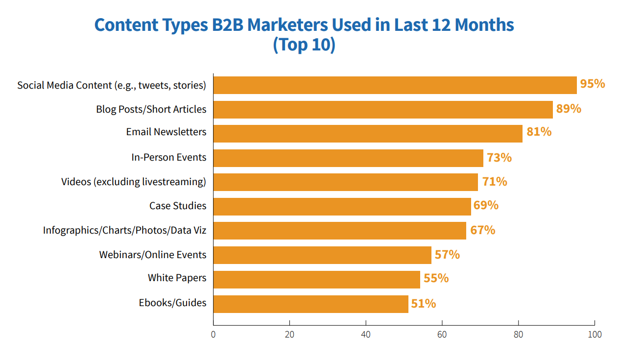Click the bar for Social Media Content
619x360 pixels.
click(x=395, y=85)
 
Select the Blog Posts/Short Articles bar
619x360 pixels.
click(x=383, y=109)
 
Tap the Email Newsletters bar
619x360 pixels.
click(x=368, y=133)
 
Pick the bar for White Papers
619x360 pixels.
click(x=316, y=279)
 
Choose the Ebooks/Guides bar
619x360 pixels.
click(x=310, y=304)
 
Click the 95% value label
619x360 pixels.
click(x=593, y=84)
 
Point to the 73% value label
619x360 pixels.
click(x=499, y=158)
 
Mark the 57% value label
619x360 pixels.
click(x=447, y=255)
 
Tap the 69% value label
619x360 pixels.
click(x=486, y=205)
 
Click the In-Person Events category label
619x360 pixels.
click(x=169, y=158)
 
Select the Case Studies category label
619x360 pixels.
click(x=178, y=206)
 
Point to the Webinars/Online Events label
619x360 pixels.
click(x=153, y=255)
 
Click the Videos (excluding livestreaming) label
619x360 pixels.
click(x=134, y=182)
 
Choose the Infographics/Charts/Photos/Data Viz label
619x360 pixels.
click(x=124, y=230)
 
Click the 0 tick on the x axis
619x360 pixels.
click(x=213, y=335)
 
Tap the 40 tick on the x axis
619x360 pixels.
click(x=366, y=335)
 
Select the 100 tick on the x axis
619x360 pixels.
click(x=595, y=335)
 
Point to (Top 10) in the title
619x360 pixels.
click(x=304, y=45)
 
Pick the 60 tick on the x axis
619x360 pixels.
click(x=442, y=335)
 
